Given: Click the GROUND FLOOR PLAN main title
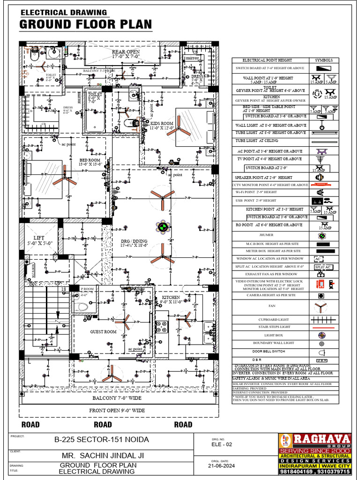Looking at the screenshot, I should point(85,24).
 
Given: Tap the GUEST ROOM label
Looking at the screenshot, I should point(103,332).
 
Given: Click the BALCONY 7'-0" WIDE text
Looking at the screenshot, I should point(117,398).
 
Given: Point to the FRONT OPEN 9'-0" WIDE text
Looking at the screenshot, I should point(117,411).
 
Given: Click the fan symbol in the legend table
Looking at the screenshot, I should point(321,307).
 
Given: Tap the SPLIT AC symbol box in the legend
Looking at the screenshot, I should point(323,267).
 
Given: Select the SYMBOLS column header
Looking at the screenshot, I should point(323,60).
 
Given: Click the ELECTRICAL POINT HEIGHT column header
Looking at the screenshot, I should point(267,60).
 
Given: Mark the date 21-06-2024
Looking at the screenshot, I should point(222,466).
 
